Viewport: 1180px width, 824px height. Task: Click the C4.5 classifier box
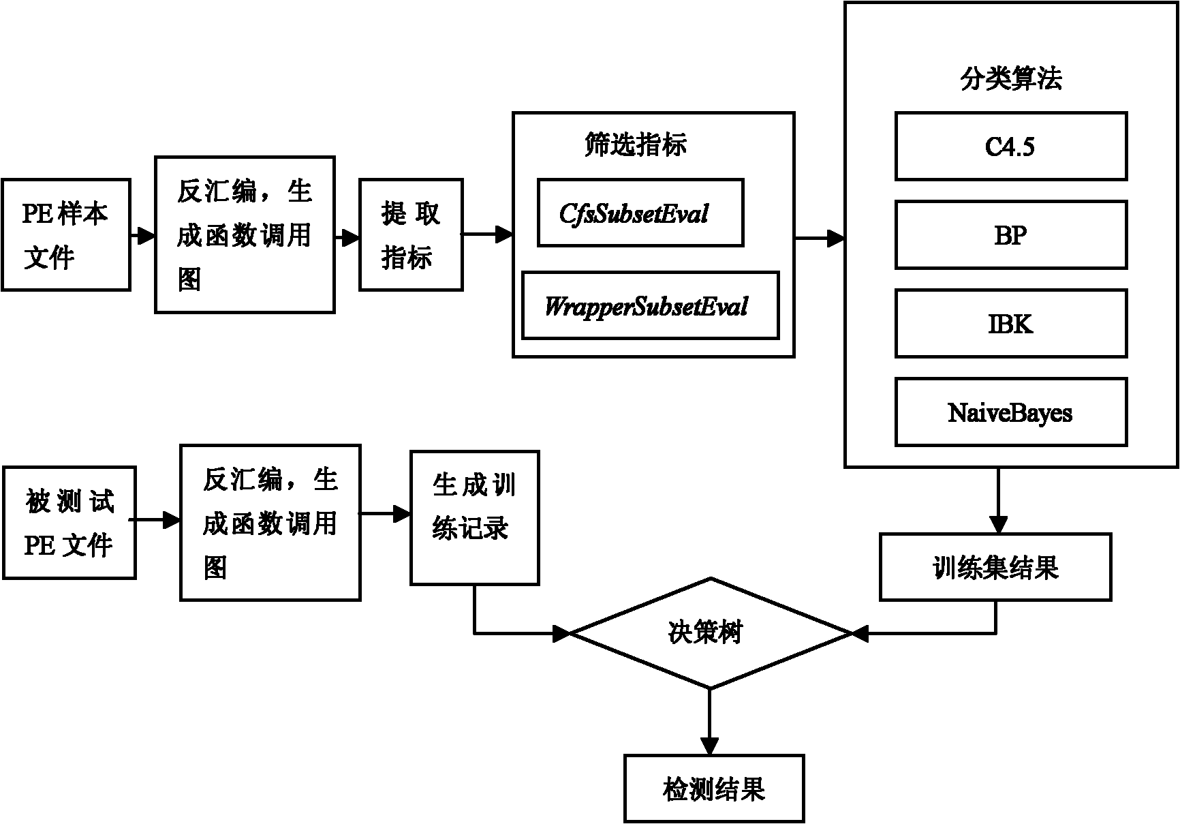coord(1010,147)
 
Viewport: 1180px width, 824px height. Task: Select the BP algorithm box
coord(1010,235)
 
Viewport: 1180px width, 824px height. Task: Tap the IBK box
coord(1010,324)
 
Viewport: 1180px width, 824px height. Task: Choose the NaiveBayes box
coord(1010,412)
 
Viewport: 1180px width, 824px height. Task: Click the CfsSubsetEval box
coord(640,213)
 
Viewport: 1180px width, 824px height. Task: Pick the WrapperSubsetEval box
coord(650,305)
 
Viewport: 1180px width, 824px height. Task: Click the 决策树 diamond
coord(711,633)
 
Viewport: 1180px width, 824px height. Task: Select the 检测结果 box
coord(714,789)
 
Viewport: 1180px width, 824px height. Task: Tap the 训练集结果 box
coord(995,567)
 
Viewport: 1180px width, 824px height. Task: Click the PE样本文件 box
coord(65,234)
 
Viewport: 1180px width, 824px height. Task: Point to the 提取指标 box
coord(411,234)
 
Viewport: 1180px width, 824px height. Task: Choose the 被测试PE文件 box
coord(69,523)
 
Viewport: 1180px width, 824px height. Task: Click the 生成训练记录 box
coord(474,517)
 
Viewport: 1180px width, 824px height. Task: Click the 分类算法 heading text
coord(1010,79)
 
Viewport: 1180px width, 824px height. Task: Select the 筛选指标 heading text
coord(635,144)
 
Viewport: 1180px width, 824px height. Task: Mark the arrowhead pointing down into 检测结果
coord(710,746)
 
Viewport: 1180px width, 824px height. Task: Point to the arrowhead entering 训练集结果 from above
coord(998,525)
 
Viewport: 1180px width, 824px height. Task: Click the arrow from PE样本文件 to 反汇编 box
coord(143,236)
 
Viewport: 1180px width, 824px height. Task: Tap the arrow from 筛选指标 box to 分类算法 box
coord(820,238)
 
